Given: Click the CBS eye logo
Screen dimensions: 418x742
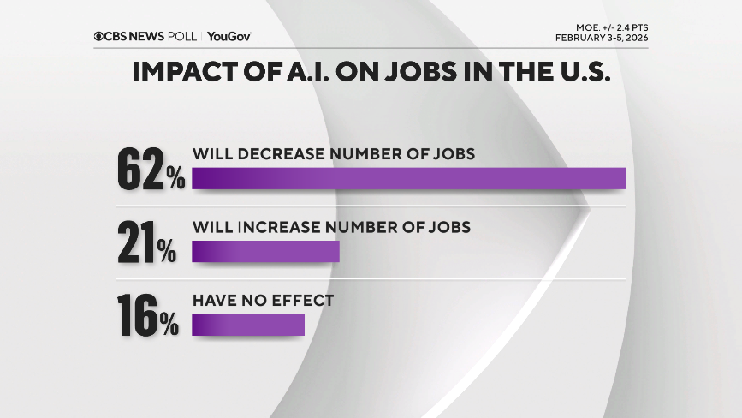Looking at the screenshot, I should click(99, 36).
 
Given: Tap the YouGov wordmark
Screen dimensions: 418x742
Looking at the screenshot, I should click(229, 36).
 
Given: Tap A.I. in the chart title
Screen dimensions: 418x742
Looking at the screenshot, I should click(319, 72).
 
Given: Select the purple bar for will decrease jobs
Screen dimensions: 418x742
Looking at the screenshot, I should click(408, 178).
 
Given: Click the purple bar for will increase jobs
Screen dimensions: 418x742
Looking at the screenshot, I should click(265, 252).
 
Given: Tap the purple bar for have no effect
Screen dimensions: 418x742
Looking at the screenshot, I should click(248, 325).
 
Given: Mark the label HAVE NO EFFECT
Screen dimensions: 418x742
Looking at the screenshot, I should click(262, 302).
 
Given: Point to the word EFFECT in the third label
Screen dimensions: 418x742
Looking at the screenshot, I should click(300, 302).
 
